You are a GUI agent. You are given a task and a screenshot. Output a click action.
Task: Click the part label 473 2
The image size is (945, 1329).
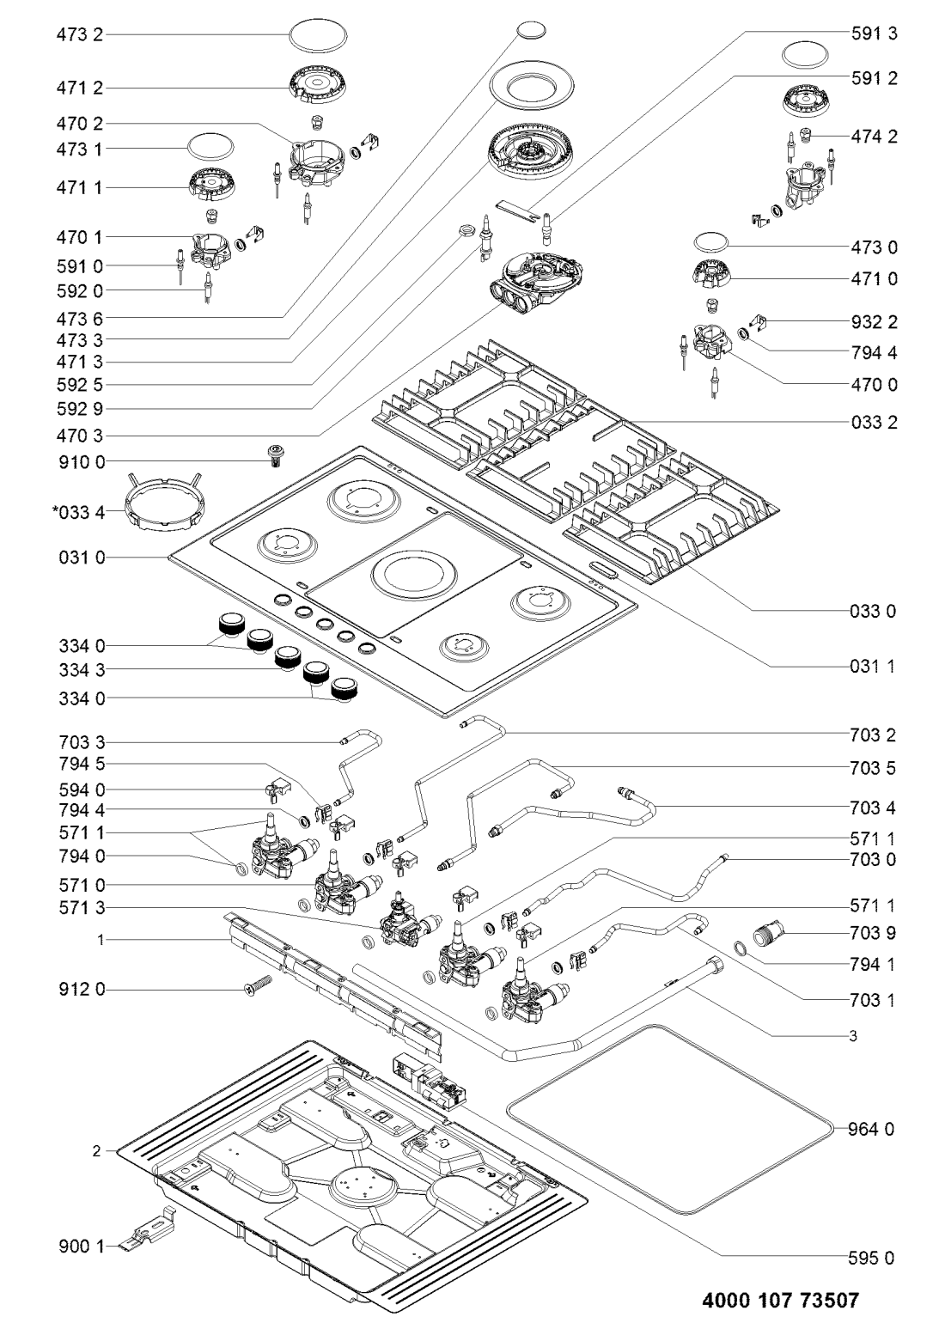click(80, 34)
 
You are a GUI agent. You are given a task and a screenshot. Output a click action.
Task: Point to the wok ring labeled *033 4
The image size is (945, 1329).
click(162, 502)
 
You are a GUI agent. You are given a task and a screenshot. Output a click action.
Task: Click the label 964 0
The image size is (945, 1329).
click(871, 1129)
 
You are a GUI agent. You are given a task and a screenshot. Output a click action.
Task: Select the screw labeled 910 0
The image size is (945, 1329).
click(274, 455)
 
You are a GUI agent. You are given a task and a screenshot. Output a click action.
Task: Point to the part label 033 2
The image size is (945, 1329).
click(873, 423)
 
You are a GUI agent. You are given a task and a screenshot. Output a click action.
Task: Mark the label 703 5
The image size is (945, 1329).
click(872, 768)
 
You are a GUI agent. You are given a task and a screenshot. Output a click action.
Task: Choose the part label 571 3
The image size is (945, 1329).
click(82, 908)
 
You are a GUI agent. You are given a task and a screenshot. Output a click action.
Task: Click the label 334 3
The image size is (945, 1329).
click(82, 670)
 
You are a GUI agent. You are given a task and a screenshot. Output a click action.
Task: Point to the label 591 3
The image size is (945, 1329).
click(875, 34)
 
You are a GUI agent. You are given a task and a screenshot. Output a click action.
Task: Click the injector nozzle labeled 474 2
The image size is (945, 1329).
click(806, 135)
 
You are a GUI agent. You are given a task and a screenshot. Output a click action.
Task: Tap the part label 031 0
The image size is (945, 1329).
click(82, 558)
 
